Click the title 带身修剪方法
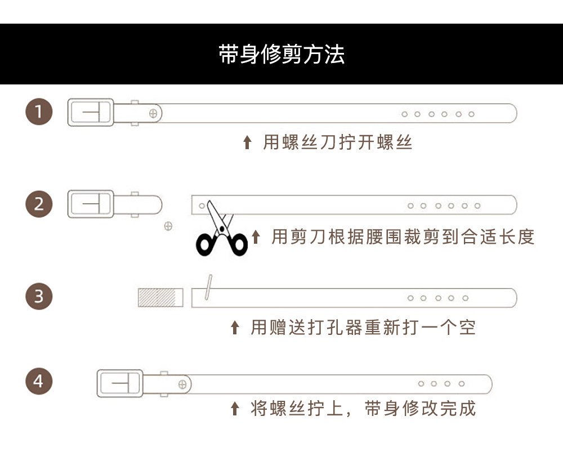coord(281,55)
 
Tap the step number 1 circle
coord(39,111)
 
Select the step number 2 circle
coord(39,203)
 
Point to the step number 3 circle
coord(39,296)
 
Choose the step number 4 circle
coord(39,382)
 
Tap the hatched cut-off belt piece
coord(160,297)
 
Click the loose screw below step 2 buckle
coord(168,226)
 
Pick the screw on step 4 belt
coord(182,384)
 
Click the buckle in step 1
coord(91,112)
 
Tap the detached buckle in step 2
coord(91,203)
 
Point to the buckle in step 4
coord(119,384)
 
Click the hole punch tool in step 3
coord(208,288)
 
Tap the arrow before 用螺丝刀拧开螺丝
coord(247,142)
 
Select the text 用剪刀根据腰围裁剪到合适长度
coord(403,237)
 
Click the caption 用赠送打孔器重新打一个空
coord(363,327)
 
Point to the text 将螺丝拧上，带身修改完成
coord(363,408)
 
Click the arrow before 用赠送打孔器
coord(235,327)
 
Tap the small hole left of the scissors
coord(202,206)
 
